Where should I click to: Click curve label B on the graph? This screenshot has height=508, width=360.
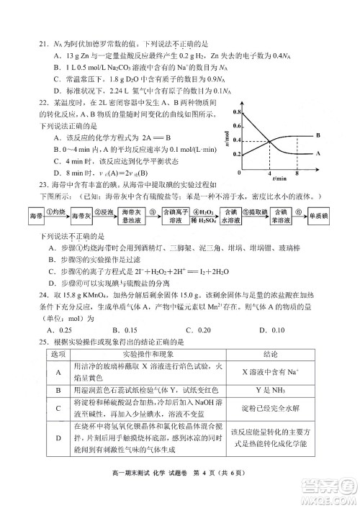[318, 135]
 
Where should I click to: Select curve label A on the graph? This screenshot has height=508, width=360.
[318, 153]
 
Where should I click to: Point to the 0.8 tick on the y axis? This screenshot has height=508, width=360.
[238, 113]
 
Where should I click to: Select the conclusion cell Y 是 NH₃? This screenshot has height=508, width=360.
[272, 390]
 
